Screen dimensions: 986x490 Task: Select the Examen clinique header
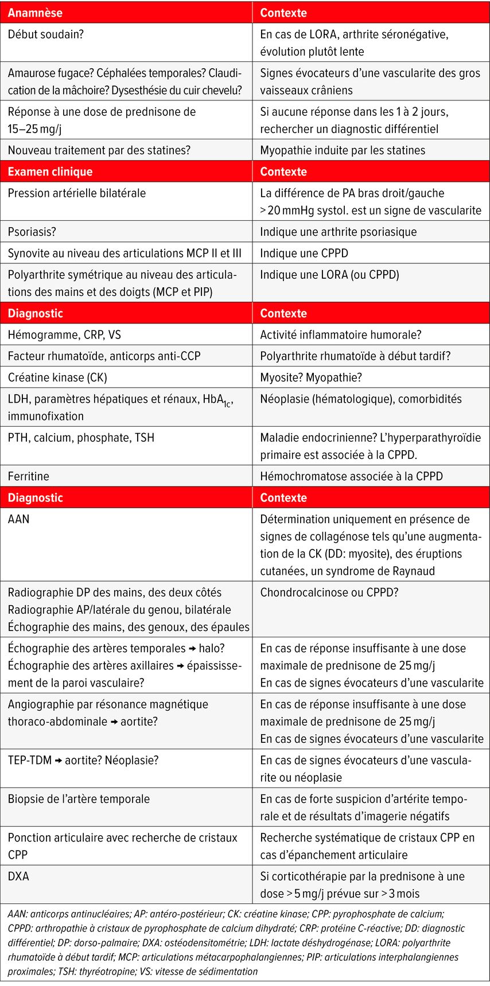click(x=50, y=172)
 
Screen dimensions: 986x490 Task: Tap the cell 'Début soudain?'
click(x=46, y=34)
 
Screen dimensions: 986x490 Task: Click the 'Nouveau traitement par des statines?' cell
click(x=99, y=150)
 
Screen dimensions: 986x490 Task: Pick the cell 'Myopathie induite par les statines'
click(x=343, y=150)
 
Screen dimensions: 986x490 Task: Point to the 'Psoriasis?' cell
click(x=32, y=232)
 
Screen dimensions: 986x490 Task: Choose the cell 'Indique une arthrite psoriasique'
click(x=339, y=232)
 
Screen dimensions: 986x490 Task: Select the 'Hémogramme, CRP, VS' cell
click(x=64, y=334)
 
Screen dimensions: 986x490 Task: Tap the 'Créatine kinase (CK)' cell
click(x=57, y=377)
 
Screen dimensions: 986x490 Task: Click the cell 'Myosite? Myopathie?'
click(x=311, y=377)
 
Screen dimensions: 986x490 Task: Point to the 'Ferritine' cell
click(x=29, y=476)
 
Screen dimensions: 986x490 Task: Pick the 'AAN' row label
click(x=19, y=519)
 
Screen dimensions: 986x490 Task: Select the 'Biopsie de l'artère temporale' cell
click(x=79, y=799)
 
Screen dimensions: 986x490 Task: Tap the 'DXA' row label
click(x=18, y=876)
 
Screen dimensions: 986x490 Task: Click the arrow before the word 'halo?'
click(x=192, y=649)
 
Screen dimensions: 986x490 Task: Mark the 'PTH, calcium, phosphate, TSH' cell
click(x=81, y=438)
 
